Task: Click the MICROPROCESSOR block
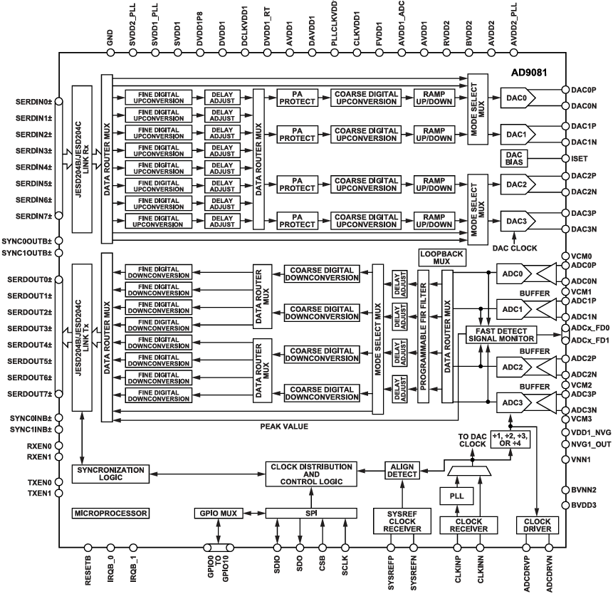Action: (x=111, y=513)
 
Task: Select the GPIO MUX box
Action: (x=217, y=513)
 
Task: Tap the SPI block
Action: (x=310, y=513)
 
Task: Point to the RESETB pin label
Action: (x=88, y=570)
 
